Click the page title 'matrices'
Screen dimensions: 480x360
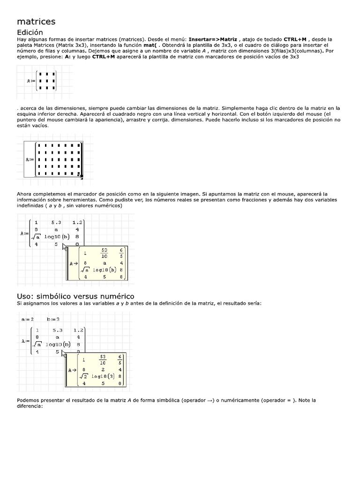pyautogui.click(x=36, y=22)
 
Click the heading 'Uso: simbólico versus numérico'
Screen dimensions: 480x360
pyautogui.click(x=75, y=296)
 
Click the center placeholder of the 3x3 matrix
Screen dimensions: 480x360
pyautogui.click(x=47, y=81)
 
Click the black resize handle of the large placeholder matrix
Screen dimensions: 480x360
pyautogui.click(x=81, y=176)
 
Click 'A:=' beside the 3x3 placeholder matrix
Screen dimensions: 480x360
pyautogui.click(x=31, y=81)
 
